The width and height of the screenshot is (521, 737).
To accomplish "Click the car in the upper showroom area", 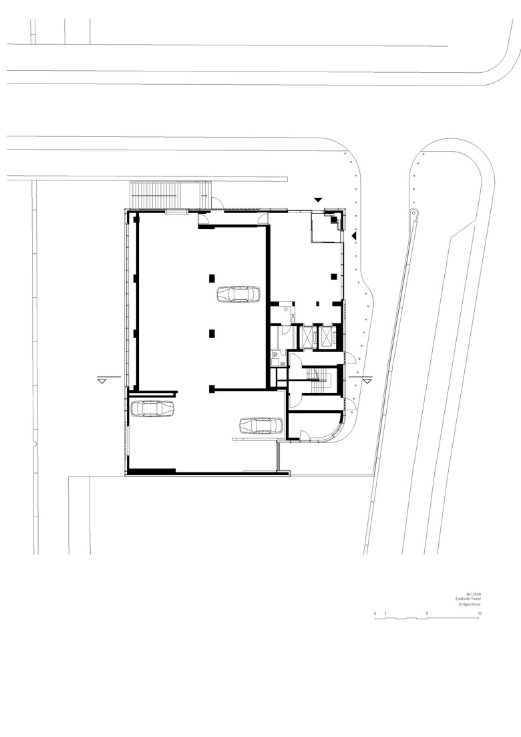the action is point(238,294).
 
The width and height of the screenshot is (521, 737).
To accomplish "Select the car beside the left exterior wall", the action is point(152,408).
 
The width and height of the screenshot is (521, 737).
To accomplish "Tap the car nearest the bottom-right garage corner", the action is point(260,426).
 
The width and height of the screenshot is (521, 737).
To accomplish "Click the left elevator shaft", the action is point(306,336).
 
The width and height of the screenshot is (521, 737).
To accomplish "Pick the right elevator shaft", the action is point(325,336).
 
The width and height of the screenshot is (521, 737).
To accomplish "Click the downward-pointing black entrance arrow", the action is point(318,200).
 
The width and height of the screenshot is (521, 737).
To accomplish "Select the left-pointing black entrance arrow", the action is point(354,235).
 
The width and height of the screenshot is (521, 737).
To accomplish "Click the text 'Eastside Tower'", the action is point(468,599).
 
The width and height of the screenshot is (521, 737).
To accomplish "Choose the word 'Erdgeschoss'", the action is point(470,605).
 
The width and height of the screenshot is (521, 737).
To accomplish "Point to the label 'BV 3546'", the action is point(474,593).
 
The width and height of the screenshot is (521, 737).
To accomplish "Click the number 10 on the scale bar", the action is point(479,613).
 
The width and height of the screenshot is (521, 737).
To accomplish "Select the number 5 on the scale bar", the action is point(427,613).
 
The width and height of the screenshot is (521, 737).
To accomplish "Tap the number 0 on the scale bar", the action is point(375,613).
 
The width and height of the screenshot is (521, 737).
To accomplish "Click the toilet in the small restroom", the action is point(275,355).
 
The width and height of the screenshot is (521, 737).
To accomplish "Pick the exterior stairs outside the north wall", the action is point(169,196).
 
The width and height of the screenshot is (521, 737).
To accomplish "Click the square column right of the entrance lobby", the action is point(334,277).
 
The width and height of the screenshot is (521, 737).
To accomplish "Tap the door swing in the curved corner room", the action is point(305,435).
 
